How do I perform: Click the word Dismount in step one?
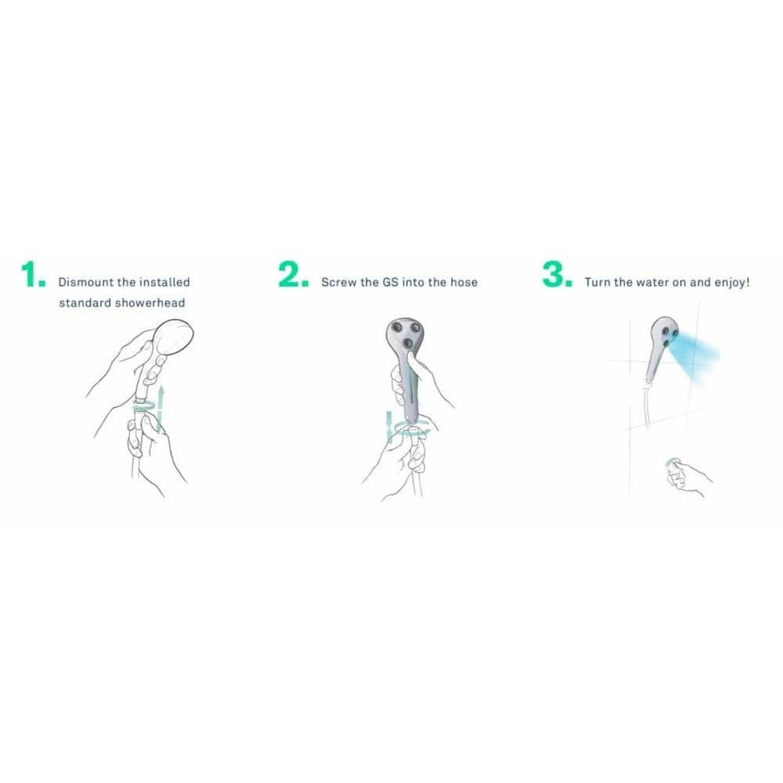86,282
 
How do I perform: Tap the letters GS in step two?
390,282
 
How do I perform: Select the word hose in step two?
464,282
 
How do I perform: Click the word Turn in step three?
597,282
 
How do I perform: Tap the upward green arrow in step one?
161,407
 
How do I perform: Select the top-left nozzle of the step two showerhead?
398,327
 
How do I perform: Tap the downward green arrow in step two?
389,427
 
